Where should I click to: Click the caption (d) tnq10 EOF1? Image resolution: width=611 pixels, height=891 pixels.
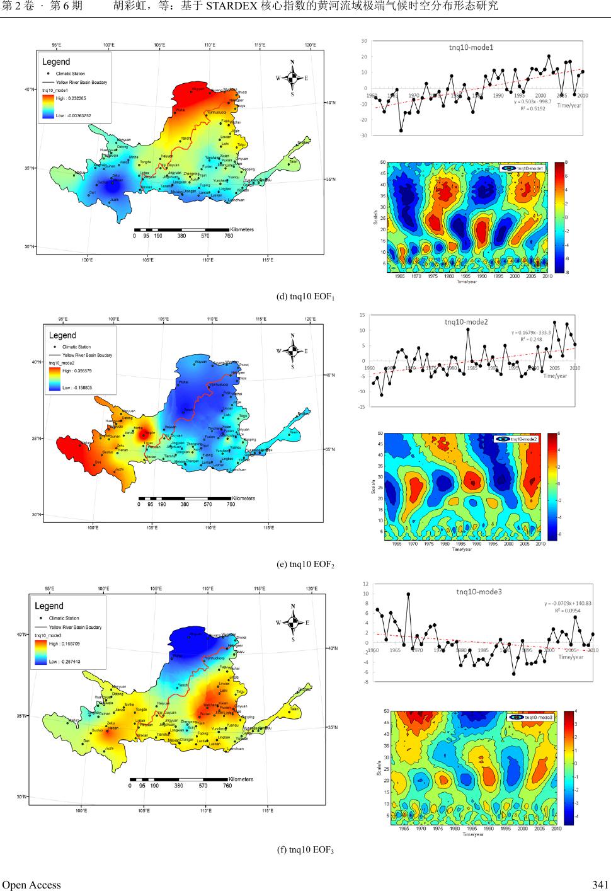click(305, 297)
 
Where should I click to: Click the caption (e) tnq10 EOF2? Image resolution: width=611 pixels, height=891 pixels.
click(305, 564)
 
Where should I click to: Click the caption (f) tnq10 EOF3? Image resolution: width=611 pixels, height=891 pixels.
click(305, 850)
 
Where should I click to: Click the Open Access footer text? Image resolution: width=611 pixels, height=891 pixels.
click(31, 884)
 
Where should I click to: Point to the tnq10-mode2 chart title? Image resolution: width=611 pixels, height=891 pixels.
click(466, 321)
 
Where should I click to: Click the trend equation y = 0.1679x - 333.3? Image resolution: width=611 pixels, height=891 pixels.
click(532, 332)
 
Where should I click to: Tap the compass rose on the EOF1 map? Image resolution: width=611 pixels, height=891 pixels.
click(292, 78)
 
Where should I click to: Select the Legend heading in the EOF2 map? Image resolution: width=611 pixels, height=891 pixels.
click(62, 335)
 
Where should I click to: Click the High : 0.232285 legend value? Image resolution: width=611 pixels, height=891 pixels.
click(71, 98)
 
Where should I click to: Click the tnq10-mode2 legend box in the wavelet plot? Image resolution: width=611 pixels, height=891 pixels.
click(516, 439)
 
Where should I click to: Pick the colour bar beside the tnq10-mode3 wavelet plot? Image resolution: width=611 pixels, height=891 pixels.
click(569, 767)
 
